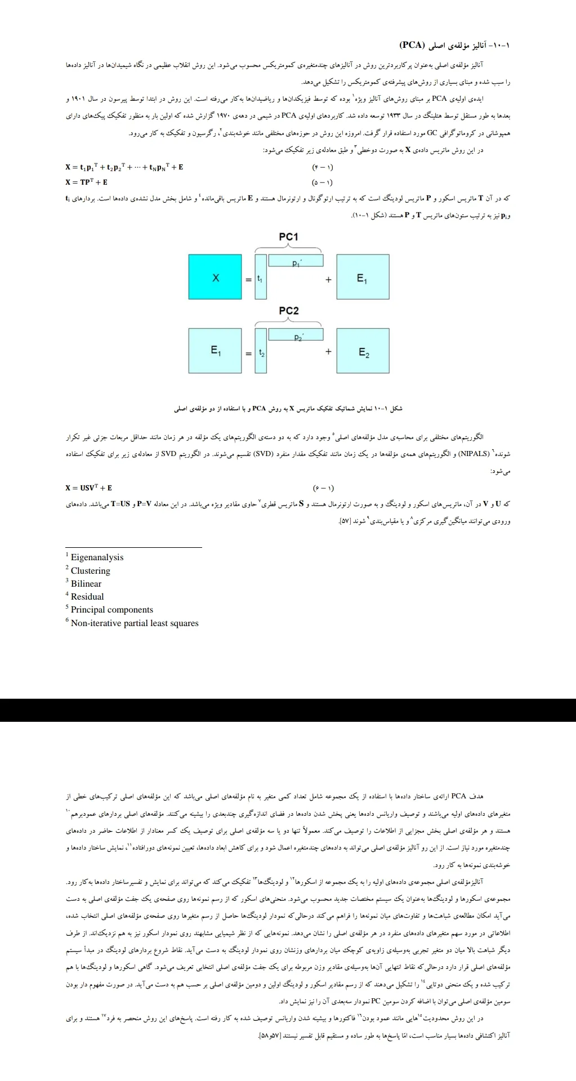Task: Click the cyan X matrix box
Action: coord(215,277)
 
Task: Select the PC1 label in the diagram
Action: coord(288,237)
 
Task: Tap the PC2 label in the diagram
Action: coord(288,311)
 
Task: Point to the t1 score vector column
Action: coord(260,277)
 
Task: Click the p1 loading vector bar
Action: coord(296,261)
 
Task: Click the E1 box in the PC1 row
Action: coord(363,277)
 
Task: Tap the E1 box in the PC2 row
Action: coord(215,351)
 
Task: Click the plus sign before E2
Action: coord(328,351)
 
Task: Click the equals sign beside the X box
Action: coord(248,279)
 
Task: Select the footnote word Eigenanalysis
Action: coord(97,557)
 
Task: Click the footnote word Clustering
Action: coord(91,571)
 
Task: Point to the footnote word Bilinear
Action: coord(86,584)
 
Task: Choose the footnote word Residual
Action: coord(87,597)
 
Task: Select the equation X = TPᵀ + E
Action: coord(86,182)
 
